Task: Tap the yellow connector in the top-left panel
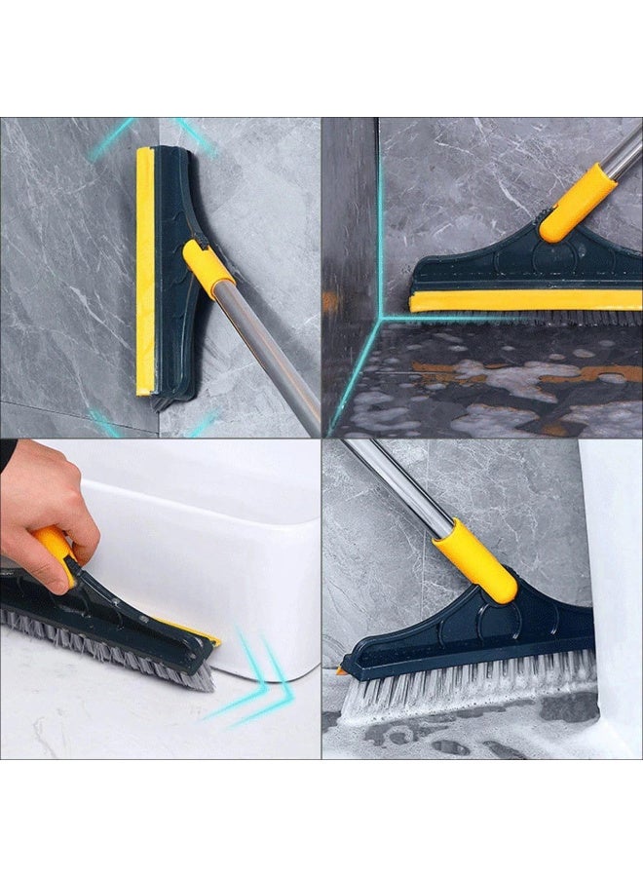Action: [207, 266]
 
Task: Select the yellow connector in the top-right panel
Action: [577, 204]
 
